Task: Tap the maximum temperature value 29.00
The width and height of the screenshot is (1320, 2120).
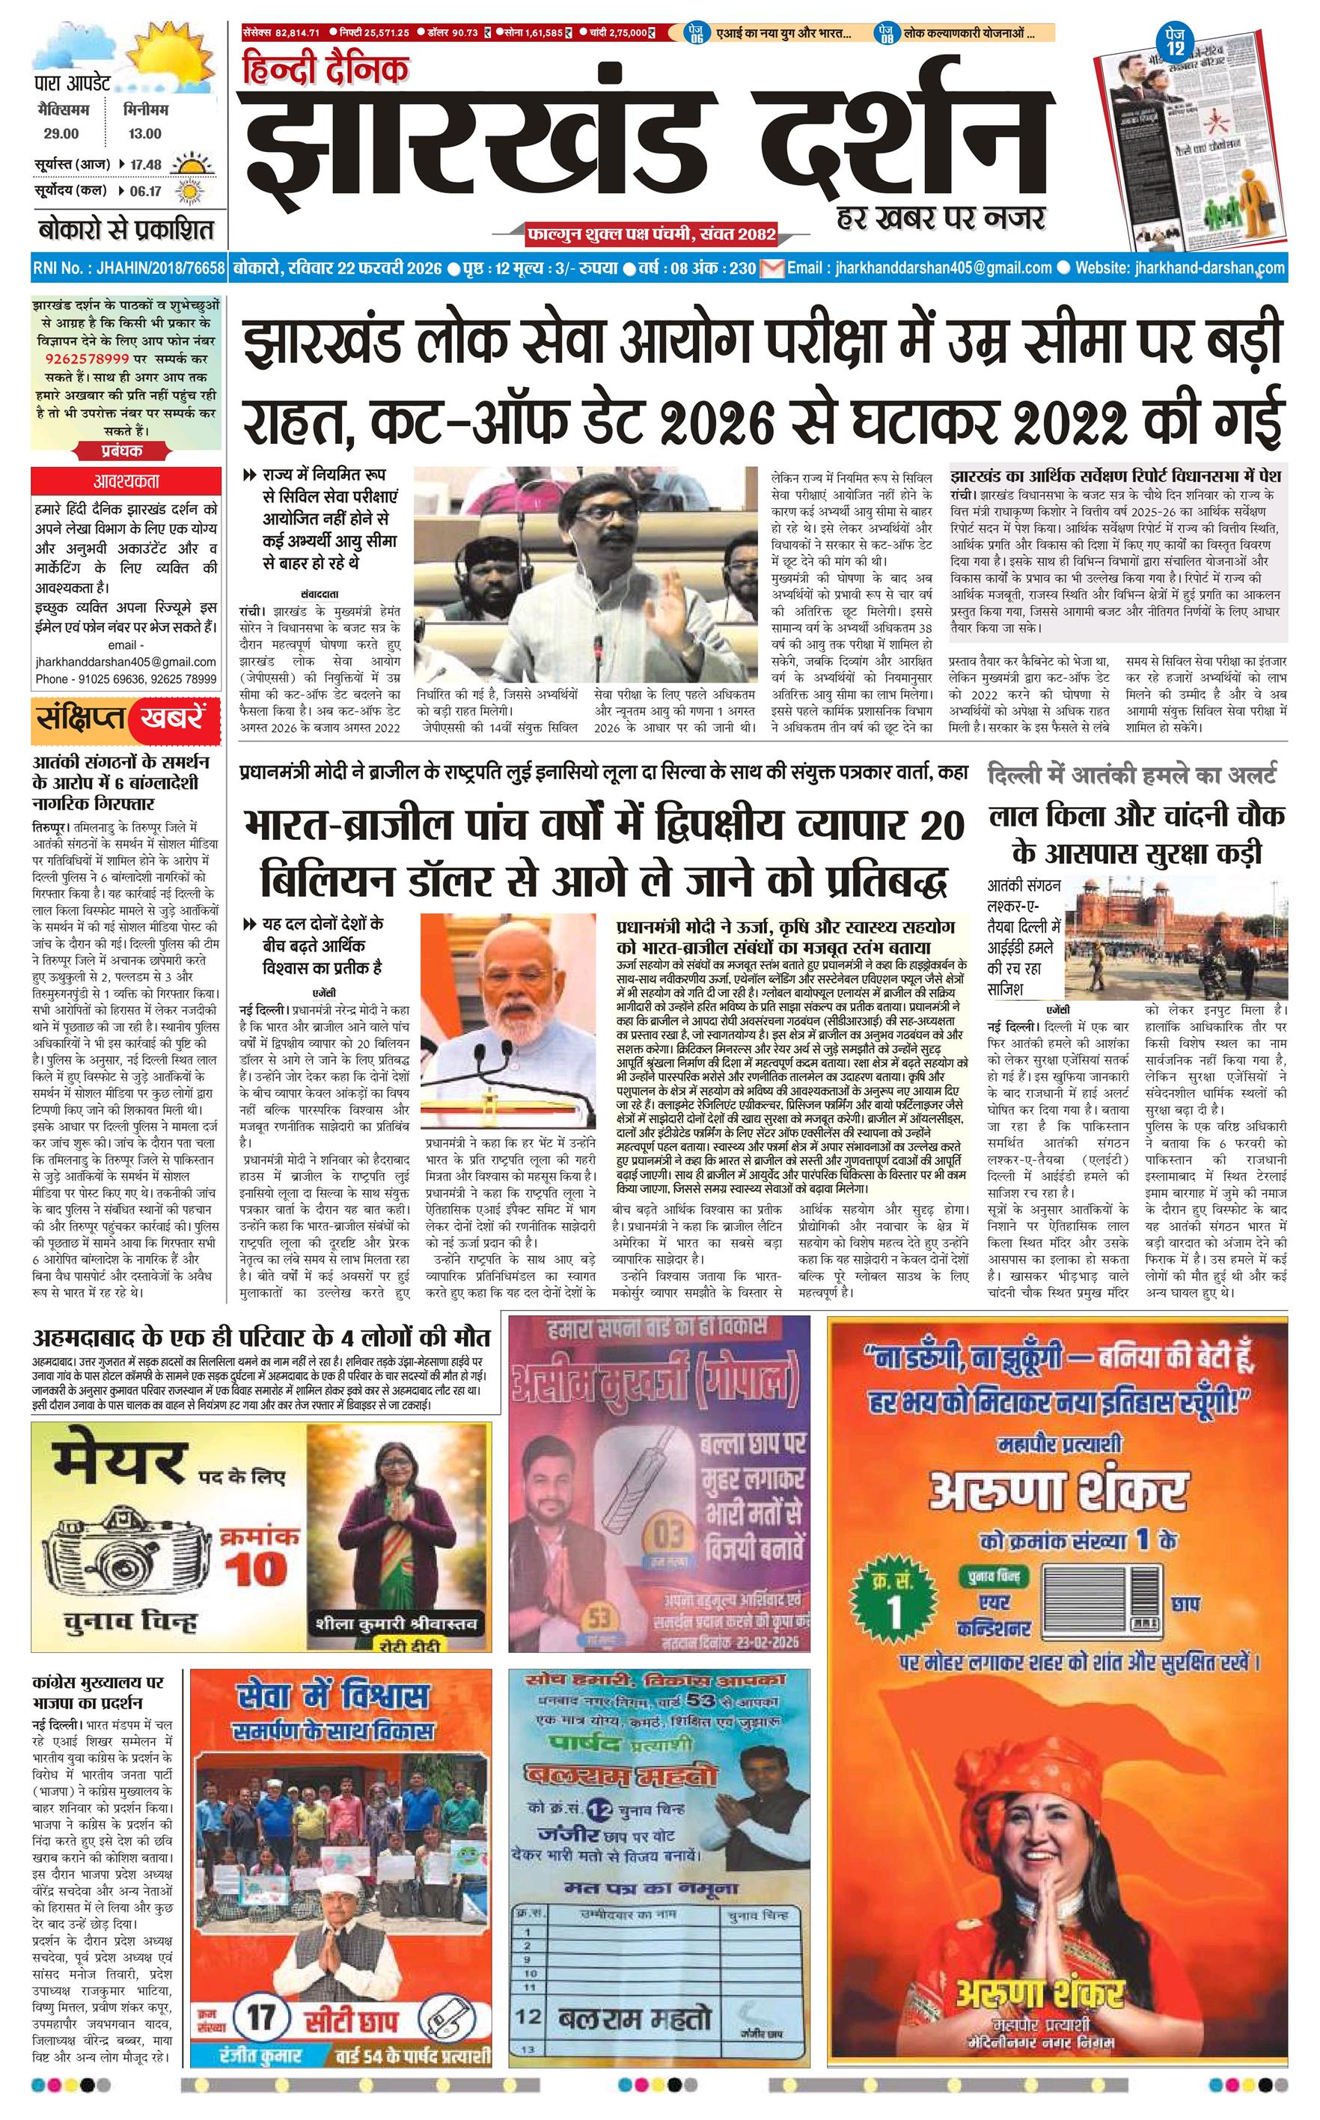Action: [61, 133]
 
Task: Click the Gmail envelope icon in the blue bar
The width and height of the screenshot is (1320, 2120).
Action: [771, 268]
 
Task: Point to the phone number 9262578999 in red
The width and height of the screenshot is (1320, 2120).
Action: [88, 358]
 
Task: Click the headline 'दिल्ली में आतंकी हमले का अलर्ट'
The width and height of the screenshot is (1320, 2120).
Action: [1132, 773]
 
